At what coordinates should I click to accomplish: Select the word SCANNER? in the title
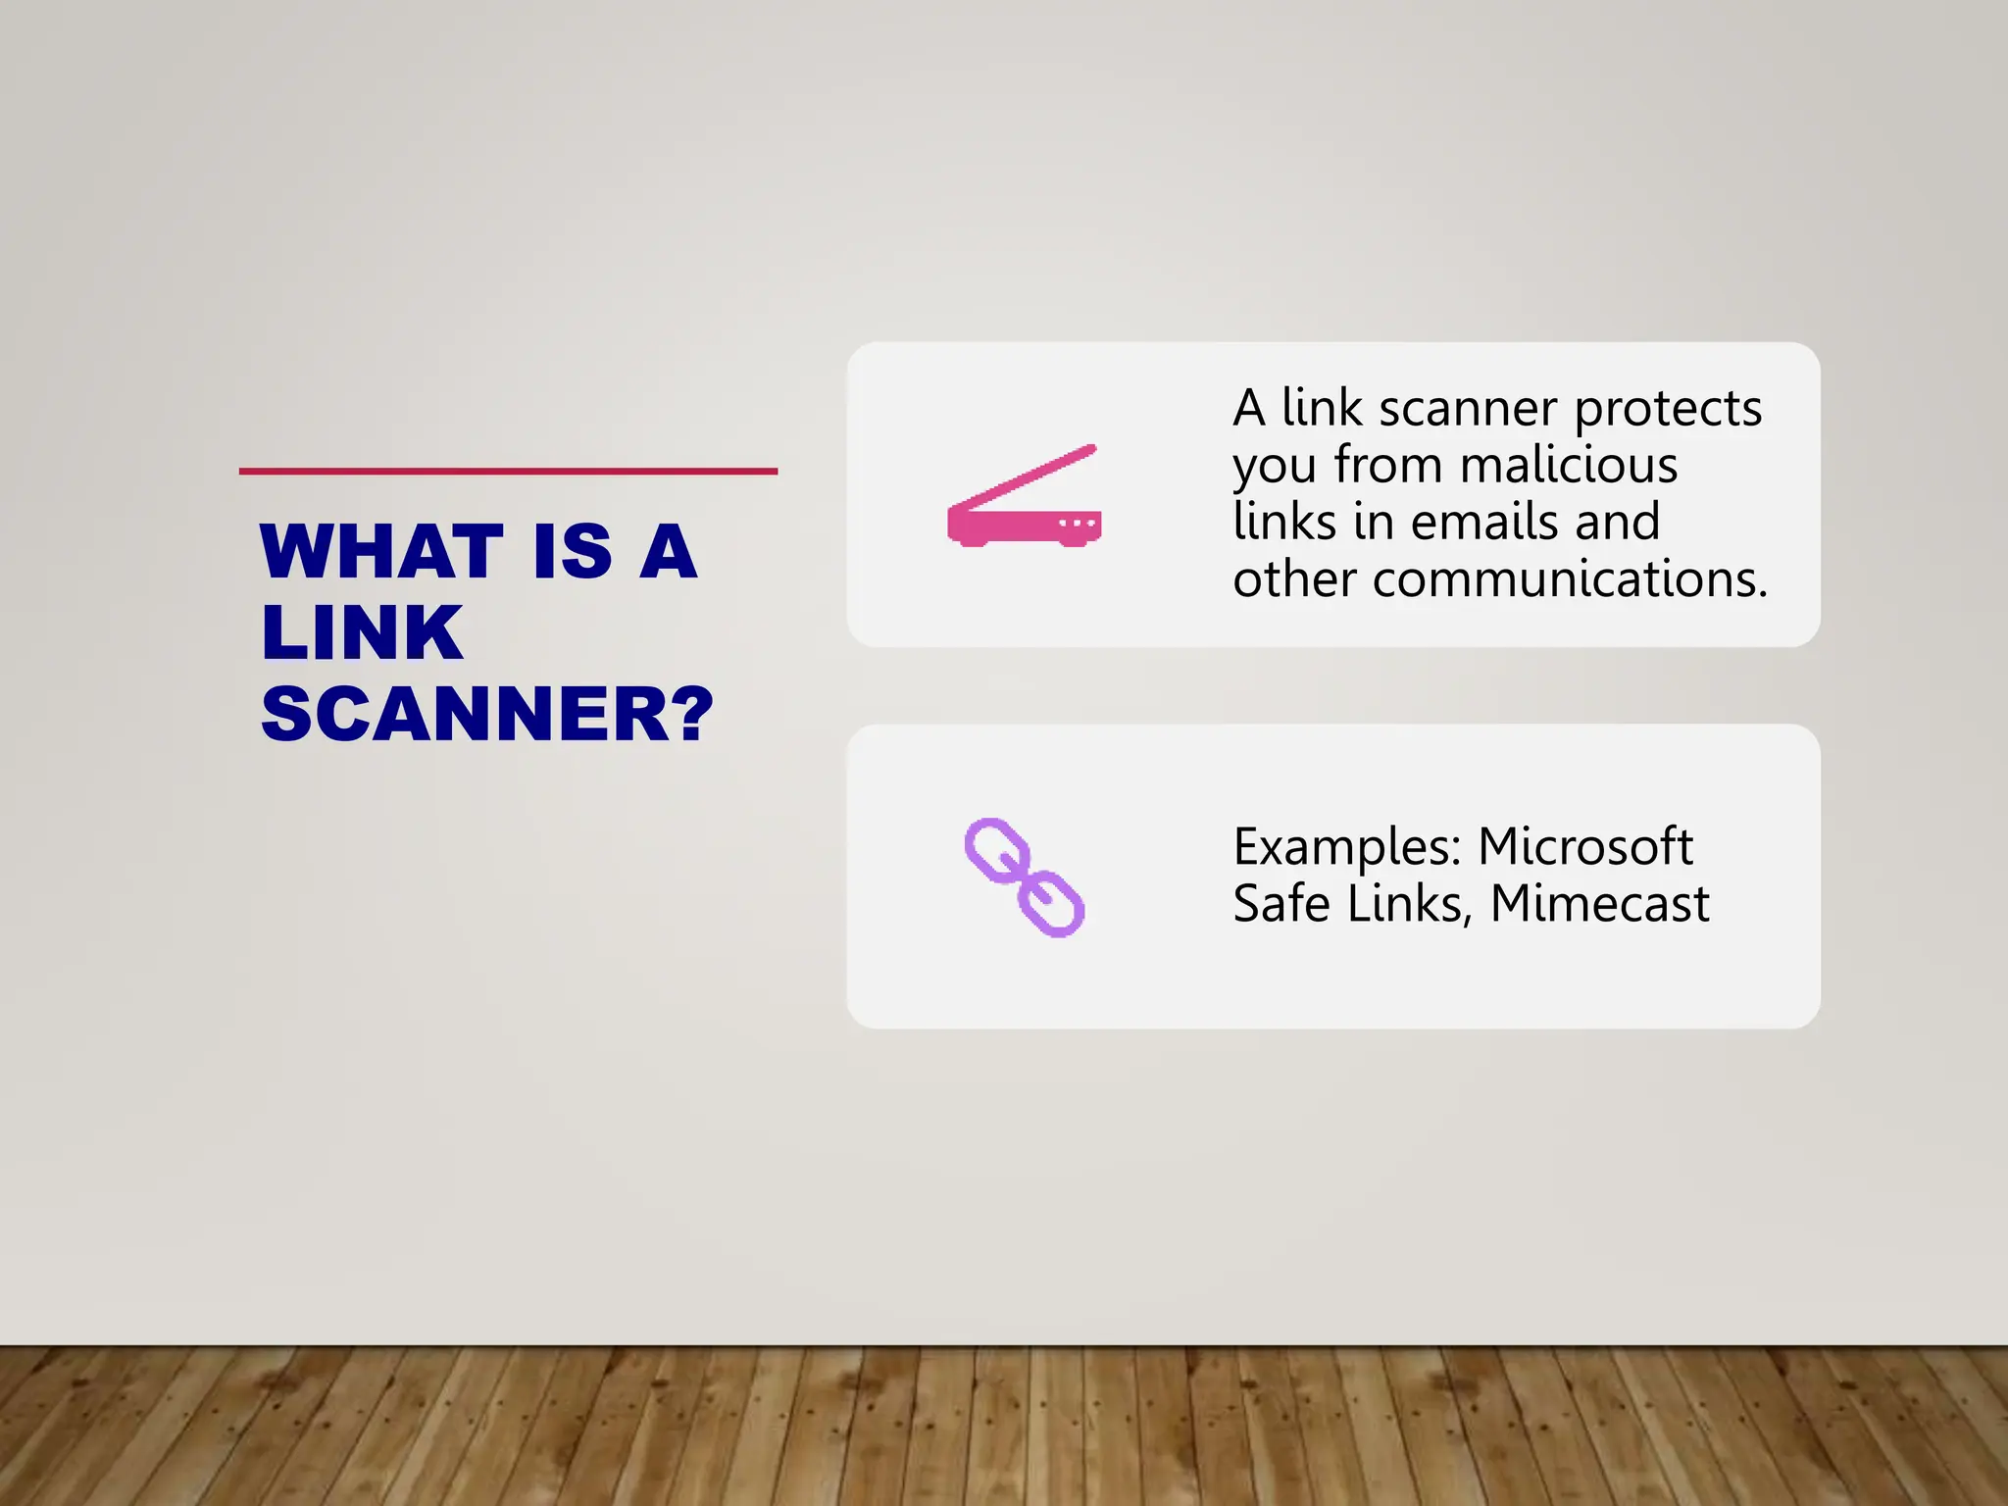[486, 714]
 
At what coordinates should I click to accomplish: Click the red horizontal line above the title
[508, 472]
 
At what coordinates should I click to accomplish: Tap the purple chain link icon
[1024, 878]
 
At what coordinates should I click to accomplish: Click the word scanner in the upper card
[1468, 410]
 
